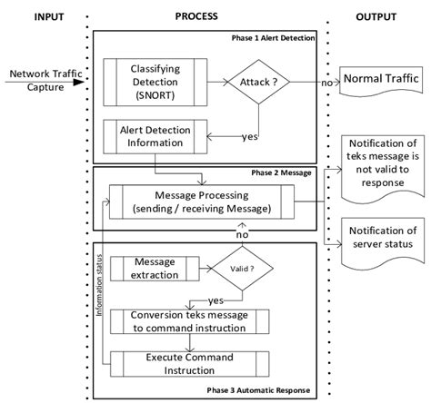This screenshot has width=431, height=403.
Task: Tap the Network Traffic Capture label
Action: tap(37, 81)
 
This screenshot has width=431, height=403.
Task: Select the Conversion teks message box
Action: tap(189, 321)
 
